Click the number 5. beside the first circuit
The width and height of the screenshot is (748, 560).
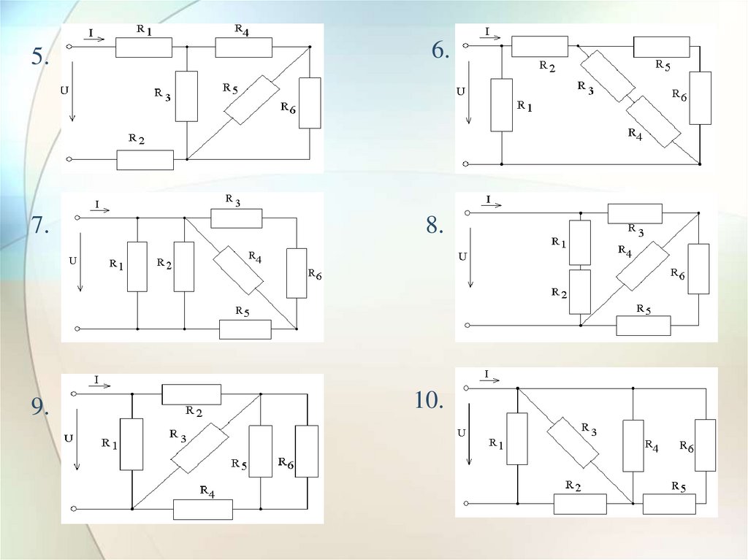39,58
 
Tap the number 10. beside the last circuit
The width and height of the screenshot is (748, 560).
430,401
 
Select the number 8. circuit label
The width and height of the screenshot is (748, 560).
435,226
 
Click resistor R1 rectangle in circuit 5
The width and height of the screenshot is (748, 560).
144,47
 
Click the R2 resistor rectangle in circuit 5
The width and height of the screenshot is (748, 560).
145,159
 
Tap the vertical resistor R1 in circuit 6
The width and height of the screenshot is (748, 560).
502,105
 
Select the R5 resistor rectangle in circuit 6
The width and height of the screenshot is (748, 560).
661,47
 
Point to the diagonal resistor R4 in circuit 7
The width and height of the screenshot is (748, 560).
237,269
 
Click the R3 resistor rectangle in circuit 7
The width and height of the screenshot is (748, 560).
236,218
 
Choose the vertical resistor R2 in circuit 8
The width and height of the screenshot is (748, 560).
579,291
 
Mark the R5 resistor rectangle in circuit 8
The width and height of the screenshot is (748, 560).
643,326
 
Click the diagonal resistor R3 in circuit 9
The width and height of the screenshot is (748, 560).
199,448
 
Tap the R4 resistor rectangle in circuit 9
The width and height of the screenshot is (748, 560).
202,509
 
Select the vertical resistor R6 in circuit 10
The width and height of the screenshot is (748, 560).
705,445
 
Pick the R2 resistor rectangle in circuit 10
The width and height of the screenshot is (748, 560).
580,504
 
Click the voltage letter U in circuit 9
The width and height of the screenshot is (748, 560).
68,438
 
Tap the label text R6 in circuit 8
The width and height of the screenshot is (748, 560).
678,274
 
